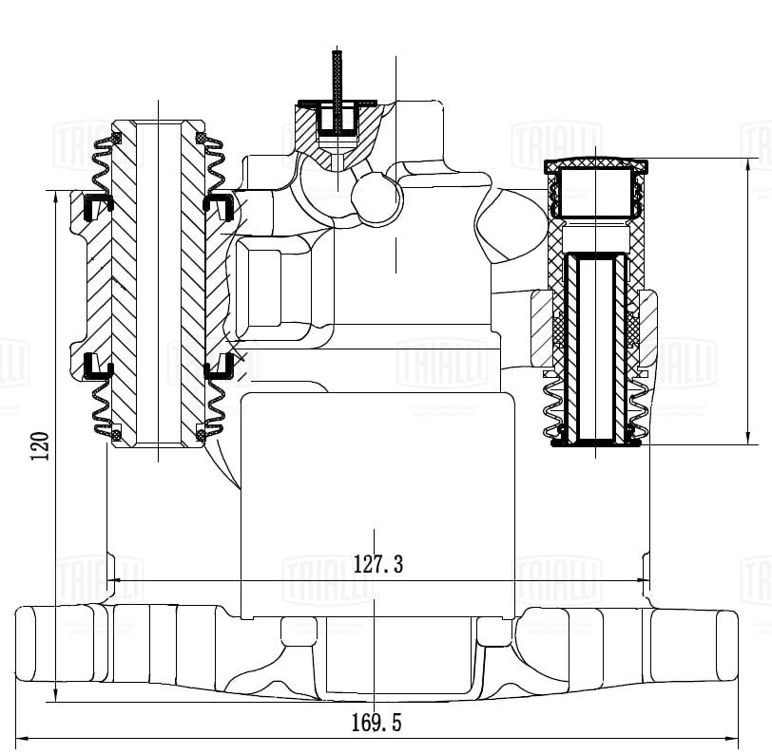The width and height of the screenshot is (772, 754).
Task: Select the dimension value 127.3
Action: (x=377, y=565)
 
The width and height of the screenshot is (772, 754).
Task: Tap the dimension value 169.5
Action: (x=376, y=724)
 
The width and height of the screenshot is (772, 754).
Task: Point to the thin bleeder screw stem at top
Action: (x=337, y=76)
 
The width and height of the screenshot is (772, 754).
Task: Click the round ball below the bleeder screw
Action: (x=376, y=198)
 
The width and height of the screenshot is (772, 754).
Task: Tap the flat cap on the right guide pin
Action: (x=595, y=166)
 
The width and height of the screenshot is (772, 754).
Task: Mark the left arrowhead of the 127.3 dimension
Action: (x=113, y=580)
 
